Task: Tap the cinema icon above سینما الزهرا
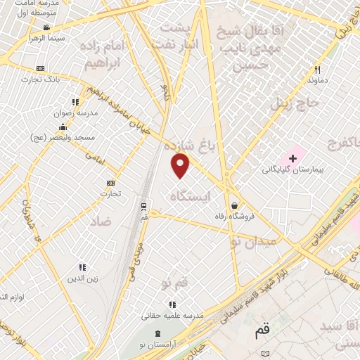[46, 27]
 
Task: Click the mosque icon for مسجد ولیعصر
[63, 127]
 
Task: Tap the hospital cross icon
[292, 159]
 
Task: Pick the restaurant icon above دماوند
[317, 70]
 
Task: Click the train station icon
[144, 207]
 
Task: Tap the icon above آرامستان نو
[157, 332]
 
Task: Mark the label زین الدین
[82, 278]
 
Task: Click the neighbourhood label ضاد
[101, 221]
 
